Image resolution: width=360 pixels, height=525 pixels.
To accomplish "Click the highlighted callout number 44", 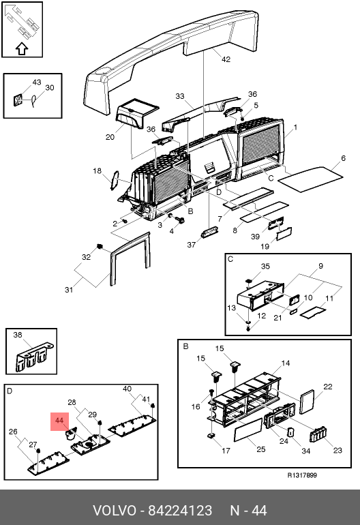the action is [x=59, y=420].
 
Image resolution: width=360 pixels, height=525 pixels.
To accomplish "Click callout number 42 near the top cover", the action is [x=226, y=59].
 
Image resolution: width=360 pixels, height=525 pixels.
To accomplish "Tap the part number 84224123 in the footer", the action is [x=180, y=511].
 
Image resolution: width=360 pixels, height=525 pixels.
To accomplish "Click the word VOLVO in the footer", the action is [x=115, y=511].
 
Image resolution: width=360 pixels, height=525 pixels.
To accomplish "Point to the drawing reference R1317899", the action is [x=302, y=475].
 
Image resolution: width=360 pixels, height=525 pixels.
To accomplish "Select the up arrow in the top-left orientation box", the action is [x=22, y=48].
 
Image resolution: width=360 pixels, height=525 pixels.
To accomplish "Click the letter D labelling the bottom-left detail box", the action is [x=10, y=391].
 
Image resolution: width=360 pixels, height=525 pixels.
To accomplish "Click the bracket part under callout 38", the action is [x=33, y=357].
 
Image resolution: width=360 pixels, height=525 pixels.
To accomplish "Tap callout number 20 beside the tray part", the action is [x=110, y=137].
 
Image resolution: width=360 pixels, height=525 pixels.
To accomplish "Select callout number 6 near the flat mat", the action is [x=343, y=158].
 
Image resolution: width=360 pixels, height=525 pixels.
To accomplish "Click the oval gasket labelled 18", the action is [x=115, y=180].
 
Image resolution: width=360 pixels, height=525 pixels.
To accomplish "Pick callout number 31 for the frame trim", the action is [x=69, y=290].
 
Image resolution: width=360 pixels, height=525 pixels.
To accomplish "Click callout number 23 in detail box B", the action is [x=337, y=450].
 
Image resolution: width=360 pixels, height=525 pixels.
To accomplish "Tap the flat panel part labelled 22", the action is [x=307, y=402].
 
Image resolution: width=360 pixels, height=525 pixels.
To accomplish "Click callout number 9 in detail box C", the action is [x=321, y=266].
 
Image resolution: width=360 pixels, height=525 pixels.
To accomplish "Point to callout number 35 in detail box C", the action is [x=265, y=266].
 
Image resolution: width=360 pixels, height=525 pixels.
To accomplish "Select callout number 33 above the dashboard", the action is [x=180, y=96].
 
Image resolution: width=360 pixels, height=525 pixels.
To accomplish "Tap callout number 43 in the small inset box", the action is [x=37, y=82].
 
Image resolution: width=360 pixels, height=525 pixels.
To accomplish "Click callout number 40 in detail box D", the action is [x=127, y=389].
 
